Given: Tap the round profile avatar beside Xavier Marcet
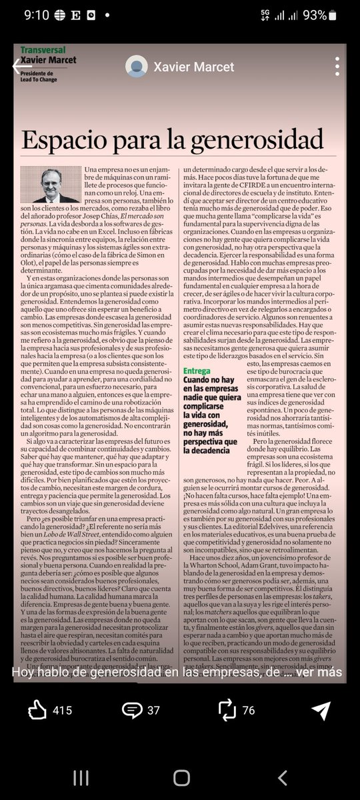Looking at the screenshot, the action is coord(137,66).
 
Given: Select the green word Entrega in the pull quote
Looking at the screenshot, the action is coord(197,371).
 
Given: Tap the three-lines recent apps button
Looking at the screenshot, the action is coord(81,777).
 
